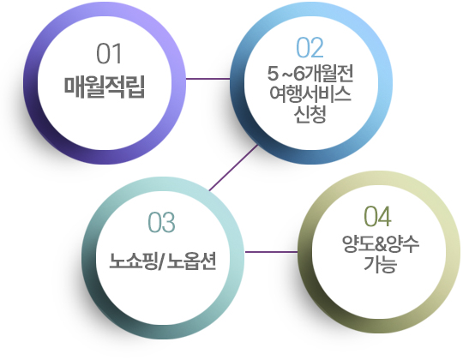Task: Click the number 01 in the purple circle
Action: click(x=109, y=53)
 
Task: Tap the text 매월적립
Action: click(x=105, y=87)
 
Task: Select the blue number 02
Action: click(x=310, y=47)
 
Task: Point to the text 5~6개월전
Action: click(x=310, y=74)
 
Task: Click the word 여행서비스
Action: click(x=310, y=94)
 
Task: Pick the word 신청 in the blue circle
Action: click(x=310, y=114)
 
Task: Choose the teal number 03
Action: click(x=161, y=222)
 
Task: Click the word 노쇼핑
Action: click(x=134, y=261)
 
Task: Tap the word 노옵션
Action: click(x=191, y=261)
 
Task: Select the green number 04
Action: click(x=377, y=216)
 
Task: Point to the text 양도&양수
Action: click(x=381, y=244)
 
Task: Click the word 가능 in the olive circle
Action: click(x=380, y=264)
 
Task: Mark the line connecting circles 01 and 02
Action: click(x=207, y=79)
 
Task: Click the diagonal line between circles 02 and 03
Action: click(x=233, y=167)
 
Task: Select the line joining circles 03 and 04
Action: click(x=271, y=252)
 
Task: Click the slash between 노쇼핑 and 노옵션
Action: click(x=162, y=261)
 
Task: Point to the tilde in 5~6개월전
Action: click(x=286, y=74)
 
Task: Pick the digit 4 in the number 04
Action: click(x=385, y=216)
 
